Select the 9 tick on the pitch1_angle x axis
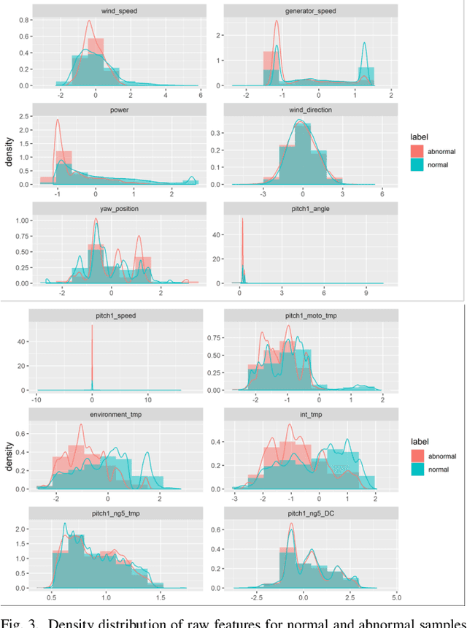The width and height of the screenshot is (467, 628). (x=363, y=293)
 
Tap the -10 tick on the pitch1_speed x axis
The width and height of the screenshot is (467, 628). (x=36, y=400)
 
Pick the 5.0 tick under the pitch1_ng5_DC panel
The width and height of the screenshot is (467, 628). (x=395, y=598)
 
